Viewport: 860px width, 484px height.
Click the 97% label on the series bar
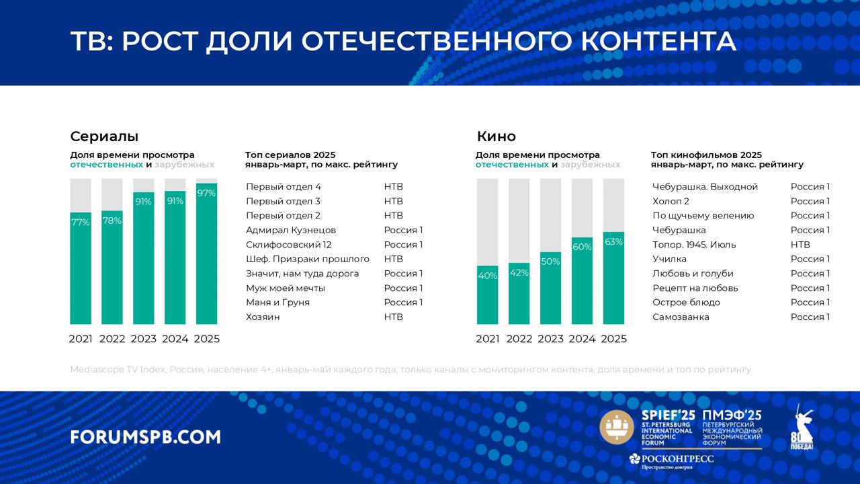(206, 194)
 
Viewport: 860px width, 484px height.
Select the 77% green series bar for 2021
(81, 269)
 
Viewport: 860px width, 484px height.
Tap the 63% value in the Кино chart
(613, 242)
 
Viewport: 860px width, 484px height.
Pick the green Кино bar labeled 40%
(487, 296)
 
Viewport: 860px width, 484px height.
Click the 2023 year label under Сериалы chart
(143, 339)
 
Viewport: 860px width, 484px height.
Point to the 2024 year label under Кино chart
(582, 339)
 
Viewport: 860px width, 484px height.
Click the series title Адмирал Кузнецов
(291, 230)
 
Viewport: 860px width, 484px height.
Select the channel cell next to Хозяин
(393, 317)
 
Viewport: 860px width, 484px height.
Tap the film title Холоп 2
(671, 201)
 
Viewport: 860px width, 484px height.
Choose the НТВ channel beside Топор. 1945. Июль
(800, 245)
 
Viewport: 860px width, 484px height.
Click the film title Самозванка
(681, 317)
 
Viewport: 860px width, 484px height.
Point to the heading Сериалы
(104, 136)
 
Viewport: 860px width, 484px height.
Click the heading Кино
(496, 136)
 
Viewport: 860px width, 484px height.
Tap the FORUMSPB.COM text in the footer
(145, 437)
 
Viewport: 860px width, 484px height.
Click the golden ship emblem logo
(617, 428)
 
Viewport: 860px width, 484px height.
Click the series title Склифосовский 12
(288, 245)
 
